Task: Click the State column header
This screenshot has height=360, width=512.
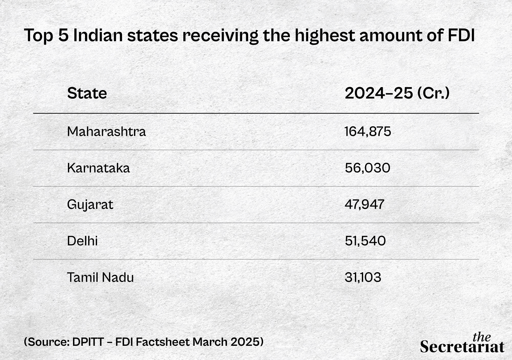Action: pos(87,93)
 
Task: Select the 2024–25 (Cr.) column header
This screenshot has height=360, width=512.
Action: pos(397,93)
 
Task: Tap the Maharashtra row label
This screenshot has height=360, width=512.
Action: pos(106,131)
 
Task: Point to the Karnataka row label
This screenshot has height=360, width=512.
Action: pos(98,168)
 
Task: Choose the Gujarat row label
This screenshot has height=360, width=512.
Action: pos(90,205)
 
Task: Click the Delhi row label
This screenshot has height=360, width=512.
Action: pos(82,241)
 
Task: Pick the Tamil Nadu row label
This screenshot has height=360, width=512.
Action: pos(100,278)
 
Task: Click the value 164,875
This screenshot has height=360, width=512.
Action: pos(368,131)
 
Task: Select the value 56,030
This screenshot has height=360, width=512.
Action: pos(367,168)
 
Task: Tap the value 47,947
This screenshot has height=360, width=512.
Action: pos(364,205)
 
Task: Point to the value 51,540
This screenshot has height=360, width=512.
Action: pos(365,241)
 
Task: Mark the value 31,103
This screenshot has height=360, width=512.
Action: pos(363,278)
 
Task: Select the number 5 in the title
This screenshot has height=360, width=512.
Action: pos(63,35)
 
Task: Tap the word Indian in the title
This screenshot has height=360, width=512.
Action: pos(98,35)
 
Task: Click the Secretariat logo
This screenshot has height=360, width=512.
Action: pos(462,343)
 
